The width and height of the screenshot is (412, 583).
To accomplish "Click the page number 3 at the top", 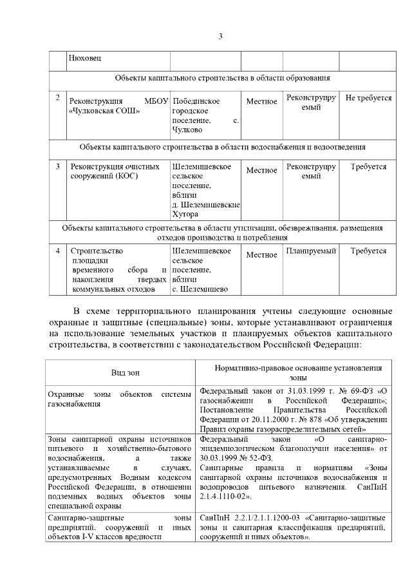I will coord(220,35).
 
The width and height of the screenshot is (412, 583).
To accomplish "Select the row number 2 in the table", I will coord(58,98).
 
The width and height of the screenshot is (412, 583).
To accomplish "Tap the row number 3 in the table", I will coord(58,166).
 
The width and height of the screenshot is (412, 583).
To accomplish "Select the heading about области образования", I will coord(223,78).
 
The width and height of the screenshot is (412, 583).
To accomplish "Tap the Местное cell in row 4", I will coord(261,254).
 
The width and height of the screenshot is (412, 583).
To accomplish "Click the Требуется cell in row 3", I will coord(369,166).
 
